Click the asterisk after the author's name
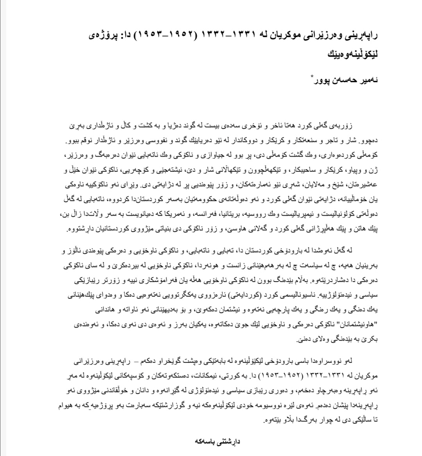pyautogui.click(x=311, y=75)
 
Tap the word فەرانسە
pyautogui.click(x=191, y=214)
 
